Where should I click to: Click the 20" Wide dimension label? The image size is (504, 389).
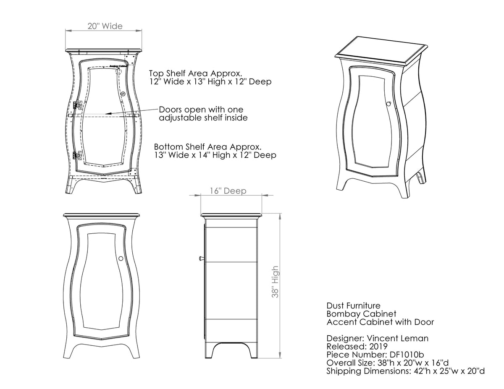pos(105,26)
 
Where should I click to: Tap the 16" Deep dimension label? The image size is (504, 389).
pos(228,191)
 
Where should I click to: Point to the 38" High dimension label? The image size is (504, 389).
pos(275,282)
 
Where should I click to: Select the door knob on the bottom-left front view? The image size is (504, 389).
pos(121,258)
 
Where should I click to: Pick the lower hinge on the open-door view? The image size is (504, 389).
pos(76,155)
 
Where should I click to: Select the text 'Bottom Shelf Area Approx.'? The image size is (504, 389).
pos(208,147)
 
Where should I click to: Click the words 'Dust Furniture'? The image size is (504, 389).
pos(354,305)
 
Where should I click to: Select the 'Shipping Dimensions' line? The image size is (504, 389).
pos(406,371)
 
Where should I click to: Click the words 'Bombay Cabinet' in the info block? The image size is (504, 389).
pos(361,313)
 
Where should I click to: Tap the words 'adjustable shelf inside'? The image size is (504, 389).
pos(203,118)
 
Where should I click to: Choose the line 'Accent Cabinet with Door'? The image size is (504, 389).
pos(380,322)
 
